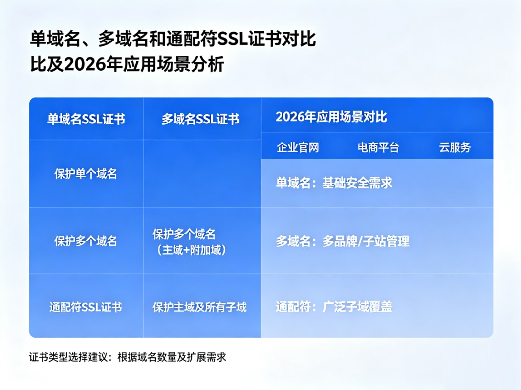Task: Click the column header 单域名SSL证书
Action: pyautogui.click(x=86, y=119)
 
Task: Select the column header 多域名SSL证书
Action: pyautogui.click(x=200, y=119)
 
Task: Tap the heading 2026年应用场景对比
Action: pyautogui.click(x=331, y=117)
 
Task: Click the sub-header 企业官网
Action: pyautogui.click(x=298, y=147)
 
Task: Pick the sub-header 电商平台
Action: pyautogui.click(x=378, y=147)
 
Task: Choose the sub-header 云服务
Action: pyautogui.click(x=455, y=147)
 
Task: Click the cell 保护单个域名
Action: pyautogui.click(x=86, y=174)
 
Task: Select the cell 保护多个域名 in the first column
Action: pyautogui.click(x=86, y=241)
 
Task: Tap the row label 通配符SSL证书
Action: pyautogui.click(x=86, y=307)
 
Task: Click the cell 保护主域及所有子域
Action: pyautogui.click(x=199, y=307)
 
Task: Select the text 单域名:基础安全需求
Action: pyautogui.click(x=334, y=183)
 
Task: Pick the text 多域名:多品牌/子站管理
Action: pyautogui.click(x=343, y=241)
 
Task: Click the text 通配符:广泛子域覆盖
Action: pyautogui.click(x=334, y=307)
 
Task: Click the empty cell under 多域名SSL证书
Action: pyautogui.click(x=202, y=174)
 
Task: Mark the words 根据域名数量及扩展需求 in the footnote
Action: pyautogui.click(x=172, y=357)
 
